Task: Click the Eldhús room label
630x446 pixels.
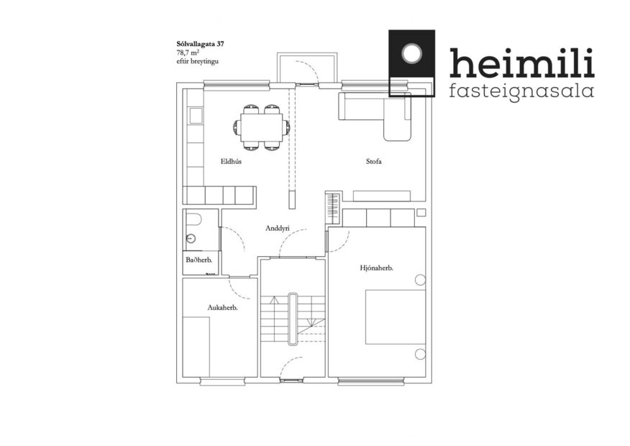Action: (x=230, y=162)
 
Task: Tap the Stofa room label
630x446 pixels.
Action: (x=373, y=162)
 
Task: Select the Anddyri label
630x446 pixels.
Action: (x=277, y=229)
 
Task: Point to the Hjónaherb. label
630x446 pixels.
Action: (x=376, y=268)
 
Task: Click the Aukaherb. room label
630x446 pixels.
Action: (x=222, y=307)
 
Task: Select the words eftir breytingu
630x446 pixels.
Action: (x=197, y=62)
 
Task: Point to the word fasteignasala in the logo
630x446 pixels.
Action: (x=521, y=91)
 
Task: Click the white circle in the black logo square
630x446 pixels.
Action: (x=412, y=54)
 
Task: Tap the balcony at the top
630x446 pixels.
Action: (x=308, y=68)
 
